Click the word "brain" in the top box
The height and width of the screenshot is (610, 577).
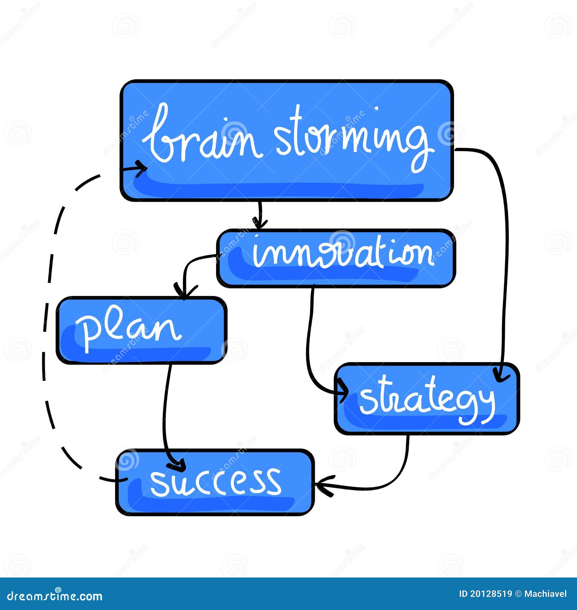click(202, 139)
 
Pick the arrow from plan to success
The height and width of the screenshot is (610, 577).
click(166, 408)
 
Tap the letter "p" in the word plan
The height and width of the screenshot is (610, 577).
click(87, 332)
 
